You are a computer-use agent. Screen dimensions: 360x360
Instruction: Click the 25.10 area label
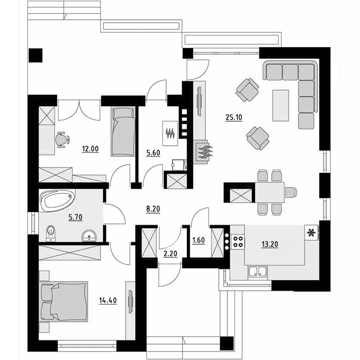click(234, 117)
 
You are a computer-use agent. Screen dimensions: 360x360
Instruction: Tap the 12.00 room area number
click(90, 149)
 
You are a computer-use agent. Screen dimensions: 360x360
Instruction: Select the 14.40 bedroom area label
click(108, 300)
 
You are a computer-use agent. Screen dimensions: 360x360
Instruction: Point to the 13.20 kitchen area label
click(270, 244)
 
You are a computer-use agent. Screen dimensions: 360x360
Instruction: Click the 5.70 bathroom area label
click(75, 217)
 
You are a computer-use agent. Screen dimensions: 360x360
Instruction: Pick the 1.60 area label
click(198, 240)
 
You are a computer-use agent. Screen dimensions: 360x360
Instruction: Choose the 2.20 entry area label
click(171, 254)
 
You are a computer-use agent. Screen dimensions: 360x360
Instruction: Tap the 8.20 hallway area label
click(153, 209)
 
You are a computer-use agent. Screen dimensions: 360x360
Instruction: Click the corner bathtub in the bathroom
click(58, 200)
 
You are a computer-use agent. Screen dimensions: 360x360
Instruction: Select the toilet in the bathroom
click(51, 234)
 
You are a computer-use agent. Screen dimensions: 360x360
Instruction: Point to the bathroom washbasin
click(89, 236)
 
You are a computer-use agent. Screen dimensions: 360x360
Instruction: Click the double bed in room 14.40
click(63, 301)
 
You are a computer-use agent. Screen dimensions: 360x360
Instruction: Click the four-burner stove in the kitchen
click(238, 242)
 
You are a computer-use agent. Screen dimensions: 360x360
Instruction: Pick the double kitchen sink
click(258, 272)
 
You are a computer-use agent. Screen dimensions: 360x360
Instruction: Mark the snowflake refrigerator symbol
click(311, 233)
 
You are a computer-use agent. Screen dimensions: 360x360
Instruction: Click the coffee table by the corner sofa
click(280, 105)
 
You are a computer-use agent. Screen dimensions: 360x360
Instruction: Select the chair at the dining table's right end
click(291, 192)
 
